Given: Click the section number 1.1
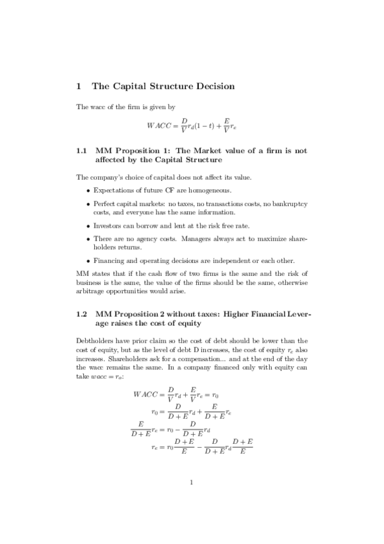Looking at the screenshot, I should [81, 151].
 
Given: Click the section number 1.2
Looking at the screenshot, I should [81, 315].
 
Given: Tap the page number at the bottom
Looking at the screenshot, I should [192, 483].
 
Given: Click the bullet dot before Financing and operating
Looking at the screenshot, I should [88, 261].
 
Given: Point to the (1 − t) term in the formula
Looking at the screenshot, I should [206, 127].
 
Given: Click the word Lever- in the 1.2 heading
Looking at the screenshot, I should [296, 315].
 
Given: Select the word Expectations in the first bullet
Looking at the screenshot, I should [113, 191].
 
